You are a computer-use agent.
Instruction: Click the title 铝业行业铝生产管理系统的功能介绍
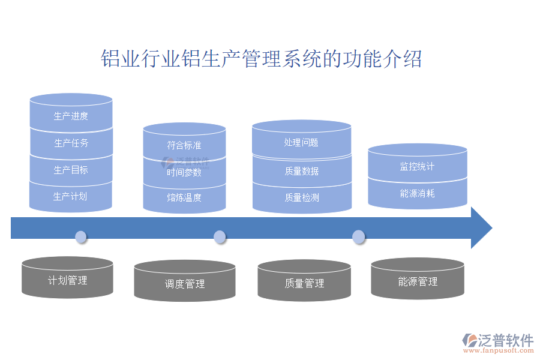(x=261, y=59)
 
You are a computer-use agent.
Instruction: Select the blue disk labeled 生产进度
(x=71, y=116)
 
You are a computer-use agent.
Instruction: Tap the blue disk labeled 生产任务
(x=71, y=143)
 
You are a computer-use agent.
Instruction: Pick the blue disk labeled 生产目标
(x=71, y=170)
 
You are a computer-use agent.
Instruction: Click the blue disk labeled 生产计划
(x=71, y=196)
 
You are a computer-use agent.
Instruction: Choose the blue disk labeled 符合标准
(x=184, y=145)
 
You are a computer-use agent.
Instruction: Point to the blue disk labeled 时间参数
(x=184, y=172)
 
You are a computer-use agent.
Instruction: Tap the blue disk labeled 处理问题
(x=301, y=143)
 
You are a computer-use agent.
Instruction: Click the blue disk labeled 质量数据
(x=301, y=171)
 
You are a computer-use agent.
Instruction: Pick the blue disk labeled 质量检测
(x=301, y=197)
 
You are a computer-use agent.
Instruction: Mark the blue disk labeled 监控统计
(x=417, y=166)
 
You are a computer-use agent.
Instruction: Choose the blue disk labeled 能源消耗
(x=417, y=194)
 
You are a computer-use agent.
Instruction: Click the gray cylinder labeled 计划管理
(x=67, y=280)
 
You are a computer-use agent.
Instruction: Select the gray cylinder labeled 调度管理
(x=184, y=284)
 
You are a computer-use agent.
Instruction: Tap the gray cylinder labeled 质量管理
(x=304, y=283)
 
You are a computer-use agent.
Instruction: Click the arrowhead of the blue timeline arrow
(x=481, y=228)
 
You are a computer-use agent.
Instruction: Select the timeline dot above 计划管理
(x=80, y=236)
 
